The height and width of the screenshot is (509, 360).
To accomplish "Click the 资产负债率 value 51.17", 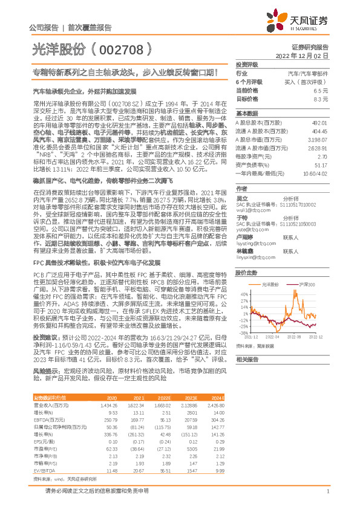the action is (x=321, y=164).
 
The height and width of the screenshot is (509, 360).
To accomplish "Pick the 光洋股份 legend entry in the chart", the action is (x=269, y=267).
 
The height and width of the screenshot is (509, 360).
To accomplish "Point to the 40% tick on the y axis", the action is (x=244, y=277).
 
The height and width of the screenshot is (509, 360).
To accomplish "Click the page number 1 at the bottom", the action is (x=327, y=491).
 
